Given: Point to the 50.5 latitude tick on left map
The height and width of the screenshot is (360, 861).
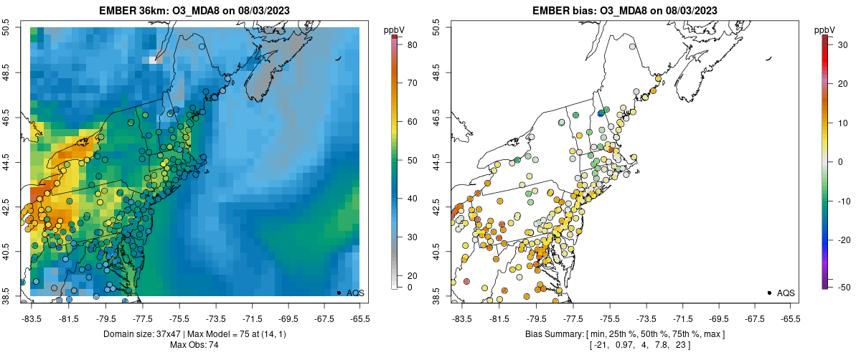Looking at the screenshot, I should click(6, 28).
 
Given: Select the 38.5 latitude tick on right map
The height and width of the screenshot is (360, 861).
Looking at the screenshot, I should click(437, 295).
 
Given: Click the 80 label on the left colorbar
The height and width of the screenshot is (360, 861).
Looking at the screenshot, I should click(413, 44).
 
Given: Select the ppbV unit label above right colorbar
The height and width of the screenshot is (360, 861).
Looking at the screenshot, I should click(825, 29).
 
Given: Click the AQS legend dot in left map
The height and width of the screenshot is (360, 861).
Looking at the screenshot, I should click(339, 293).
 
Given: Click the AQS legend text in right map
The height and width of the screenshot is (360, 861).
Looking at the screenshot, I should click(786, 293).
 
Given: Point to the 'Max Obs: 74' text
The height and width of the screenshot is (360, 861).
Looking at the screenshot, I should click(194, 345).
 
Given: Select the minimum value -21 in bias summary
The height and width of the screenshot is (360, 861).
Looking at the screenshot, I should click(601, 345).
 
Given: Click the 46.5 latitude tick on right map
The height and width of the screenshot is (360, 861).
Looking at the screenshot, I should click(437, 117).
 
